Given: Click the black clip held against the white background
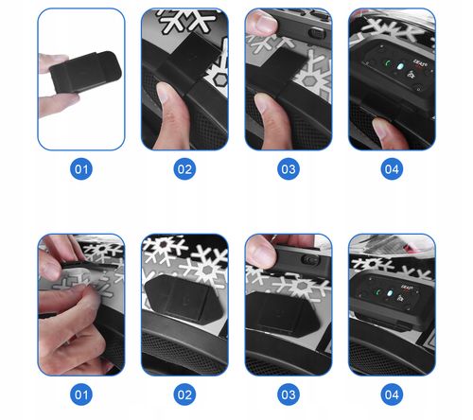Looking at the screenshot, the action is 85,72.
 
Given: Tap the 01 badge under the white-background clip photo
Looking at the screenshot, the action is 81,169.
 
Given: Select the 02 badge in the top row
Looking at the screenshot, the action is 184,169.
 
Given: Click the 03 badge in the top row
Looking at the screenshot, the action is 289,169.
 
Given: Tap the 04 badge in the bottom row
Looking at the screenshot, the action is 392,394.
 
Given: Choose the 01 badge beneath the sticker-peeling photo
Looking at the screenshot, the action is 81,394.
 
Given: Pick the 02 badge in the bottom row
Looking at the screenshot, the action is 184,394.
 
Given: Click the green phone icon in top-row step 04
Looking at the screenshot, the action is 388,63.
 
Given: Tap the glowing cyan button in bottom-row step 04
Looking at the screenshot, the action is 391,293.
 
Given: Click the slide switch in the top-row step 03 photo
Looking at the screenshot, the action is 316,33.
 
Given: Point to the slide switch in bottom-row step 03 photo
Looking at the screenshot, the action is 310,259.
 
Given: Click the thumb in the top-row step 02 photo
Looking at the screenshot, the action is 171,116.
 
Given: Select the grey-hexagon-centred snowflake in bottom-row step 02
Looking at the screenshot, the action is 207,269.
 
